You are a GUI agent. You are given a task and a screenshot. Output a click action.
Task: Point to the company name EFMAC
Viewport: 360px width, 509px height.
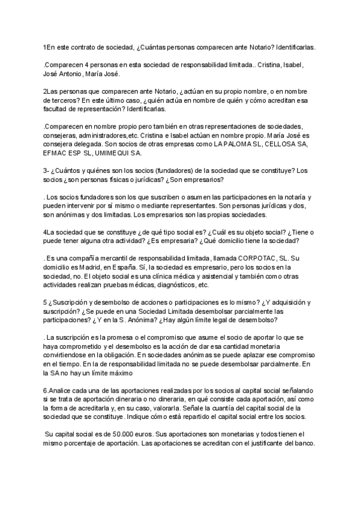click(x=55, y=154)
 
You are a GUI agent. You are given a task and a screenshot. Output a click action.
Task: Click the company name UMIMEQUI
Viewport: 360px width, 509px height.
click(x=110, y=154)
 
